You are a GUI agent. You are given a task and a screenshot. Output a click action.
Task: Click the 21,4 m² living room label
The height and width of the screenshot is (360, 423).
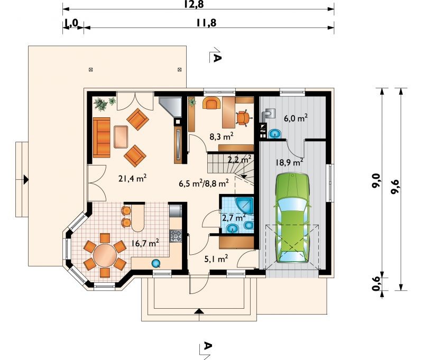(132, 178)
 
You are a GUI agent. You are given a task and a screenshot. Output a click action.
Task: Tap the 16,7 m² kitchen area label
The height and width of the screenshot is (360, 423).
(145, 243)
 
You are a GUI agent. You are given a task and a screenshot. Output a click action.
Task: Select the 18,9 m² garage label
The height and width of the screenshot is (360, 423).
(289, 162)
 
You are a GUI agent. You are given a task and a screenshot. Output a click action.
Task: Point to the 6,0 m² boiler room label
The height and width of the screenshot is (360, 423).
(296, 118)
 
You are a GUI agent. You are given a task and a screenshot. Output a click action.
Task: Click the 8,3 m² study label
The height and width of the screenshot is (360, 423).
(222, 136)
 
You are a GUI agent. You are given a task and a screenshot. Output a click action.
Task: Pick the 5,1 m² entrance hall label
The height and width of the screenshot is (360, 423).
(216, 259)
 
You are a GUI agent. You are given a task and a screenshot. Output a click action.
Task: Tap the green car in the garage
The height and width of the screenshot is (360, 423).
(292, 218)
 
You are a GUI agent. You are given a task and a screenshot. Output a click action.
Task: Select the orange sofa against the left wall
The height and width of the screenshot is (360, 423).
(102, 137)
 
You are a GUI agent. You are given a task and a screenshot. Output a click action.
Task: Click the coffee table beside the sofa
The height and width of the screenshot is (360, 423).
(121, 137)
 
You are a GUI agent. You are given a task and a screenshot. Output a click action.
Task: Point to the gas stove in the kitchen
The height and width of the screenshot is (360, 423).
(176, 236)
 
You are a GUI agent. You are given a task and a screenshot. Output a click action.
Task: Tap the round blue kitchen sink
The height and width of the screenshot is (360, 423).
(156, 263)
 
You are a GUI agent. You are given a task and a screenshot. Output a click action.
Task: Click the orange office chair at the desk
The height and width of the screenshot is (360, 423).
(243, 118)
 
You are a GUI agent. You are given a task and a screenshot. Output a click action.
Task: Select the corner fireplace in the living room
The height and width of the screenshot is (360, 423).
(171, 107)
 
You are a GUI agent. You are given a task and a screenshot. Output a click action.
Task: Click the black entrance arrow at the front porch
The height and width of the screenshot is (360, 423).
(199, 311)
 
